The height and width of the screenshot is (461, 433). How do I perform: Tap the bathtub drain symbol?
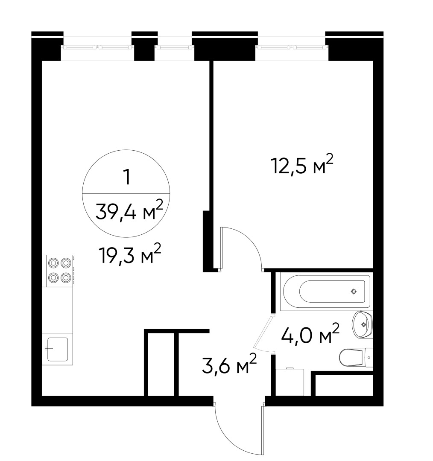[354, 292]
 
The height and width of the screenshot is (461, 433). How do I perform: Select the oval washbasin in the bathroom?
[363, 324]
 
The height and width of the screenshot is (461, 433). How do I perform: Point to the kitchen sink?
[57, 349]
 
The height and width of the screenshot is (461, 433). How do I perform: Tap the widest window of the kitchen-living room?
[97, 47]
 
